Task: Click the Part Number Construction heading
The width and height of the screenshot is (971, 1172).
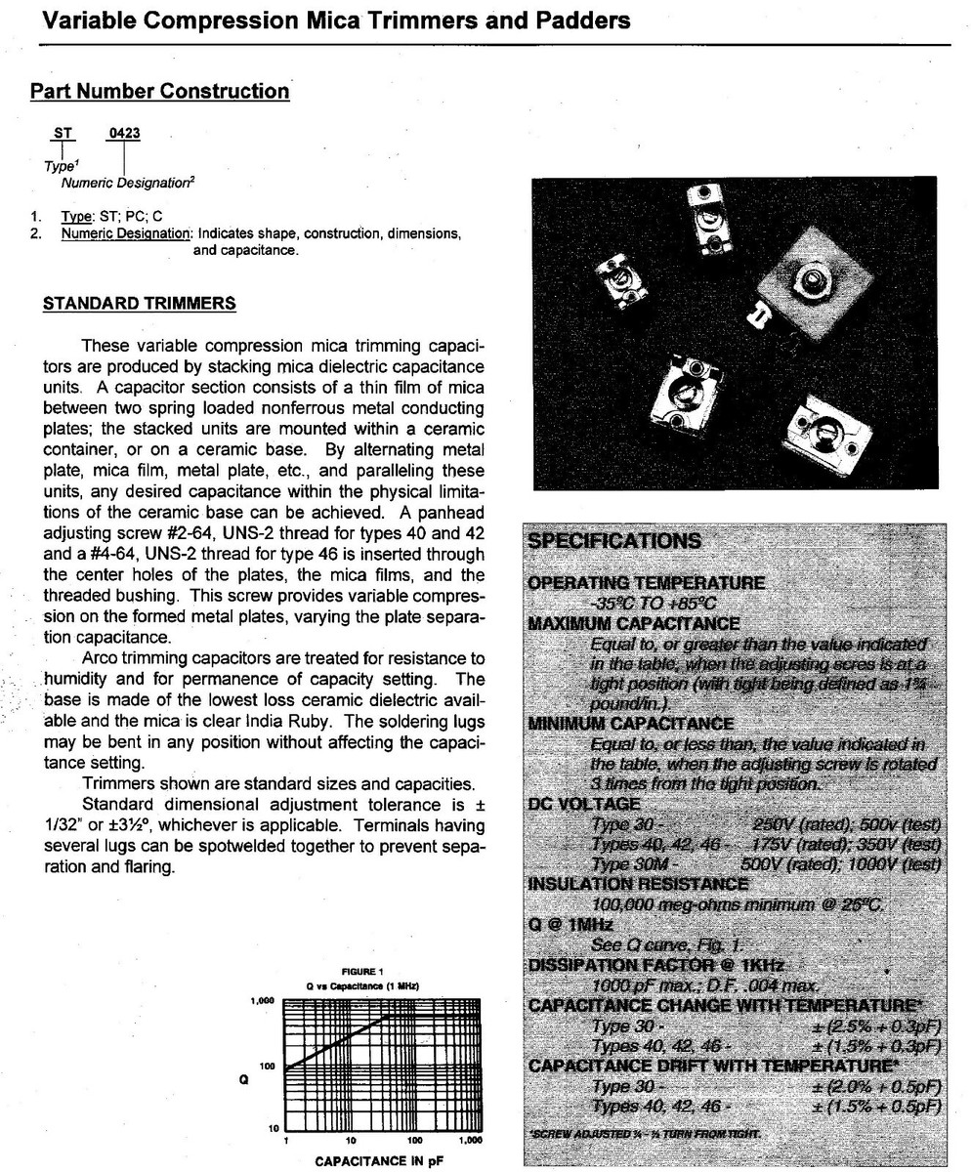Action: [160, 92]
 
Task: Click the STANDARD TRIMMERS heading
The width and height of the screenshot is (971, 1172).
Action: [140, 304]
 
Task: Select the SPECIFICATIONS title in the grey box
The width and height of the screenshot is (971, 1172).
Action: [613, 541]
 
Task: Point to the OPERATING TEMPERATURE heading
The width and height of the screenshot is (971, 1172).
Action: [646, 583]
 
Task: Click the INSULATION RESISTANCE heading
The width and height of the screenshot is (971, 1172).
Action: [638, 884]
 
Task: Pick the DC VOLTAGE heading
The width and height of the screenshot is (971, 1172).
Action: [584, 804]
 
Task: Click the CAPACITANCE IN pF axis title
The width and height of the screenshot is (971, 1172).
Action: [374, 1161]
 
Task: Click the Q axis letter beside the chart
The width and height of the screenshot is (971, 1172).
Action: [245, 1080]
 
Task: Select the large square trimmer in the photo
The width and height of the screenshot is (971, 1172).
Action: [807, 285]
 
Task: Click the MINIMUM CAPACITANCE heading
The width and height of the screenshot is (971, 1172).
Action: [630, 724]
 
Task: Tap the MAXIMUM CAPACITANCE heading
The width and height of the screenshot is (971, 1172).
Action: [634, 623]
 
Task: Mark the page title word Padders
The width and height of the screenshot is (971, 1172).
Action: [578, 20]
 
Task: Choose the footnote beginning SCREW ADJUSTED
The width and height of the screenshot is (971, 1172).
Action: [644, 1134]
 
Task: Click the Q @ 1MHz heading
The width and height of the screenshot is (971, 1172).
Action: [570, 925]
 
